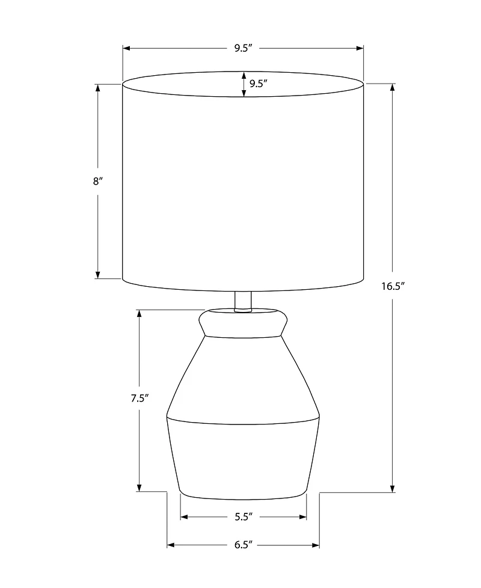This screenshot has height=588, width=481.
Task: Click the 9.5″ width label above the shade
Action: pyautogui.click(x=243, y=49)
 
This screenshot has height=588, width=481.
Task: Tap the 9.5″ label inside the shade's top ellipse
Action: pyautogui.click(x=258, y=84)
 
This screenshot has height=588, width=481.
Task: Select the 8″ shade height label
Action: pyautogui.click(x=98, y=181)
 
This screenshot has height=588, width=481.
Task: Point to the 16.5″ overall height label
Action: pyautogui.click(x=393, y=286)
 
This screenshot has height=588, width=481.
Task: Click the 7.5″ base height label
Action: pyautogui.click(x=139, y=398)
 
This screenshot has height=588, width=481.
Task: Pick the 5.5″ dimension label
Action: pyautogui.click(x=243, y=516)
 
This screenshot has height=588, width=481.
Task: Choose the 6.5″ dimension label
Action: pyautogui.click(x=242, y=545)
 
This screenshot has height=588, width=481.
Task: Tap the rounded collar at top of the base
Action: pyautogui.click(x=242, y=323)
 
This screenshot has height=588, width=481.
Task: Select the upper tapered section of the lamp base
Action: pyautogui.click(x=242, y=376)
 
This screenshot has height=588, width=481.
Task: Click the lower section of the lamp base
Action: pyautogui.click(x=242, y=457)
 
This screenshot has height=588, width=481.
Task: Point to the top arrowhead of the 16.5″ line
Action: pyautogui.click(x=393, y=88)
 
